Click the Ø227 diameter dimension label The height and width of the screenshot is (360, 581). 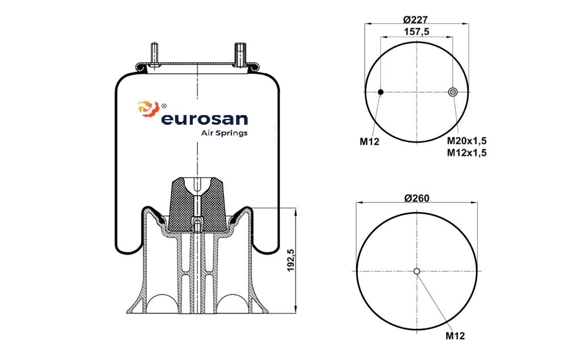click(x=417, y=19)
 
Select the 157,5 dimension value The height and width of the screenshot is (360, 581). click(x=417, y=32)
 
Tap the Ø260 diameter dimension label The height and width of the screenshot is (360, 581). click(x=417, y=198)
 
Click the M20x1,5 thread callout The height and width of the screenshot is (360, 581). click(x=467, y=141)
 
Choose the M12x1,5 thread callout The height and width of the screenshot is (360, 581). click(x=467, y=153)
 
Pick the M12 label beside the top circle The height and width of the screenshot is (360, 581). click(x=370, y=141)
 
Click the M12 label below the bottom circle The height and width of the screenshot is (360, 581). click(x=455, y=336)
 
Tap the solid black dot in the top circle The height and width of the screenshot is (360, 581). click(x=380, y=92)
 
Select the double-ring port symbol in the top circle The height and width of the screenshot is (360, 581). click(x=452, y=92)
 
